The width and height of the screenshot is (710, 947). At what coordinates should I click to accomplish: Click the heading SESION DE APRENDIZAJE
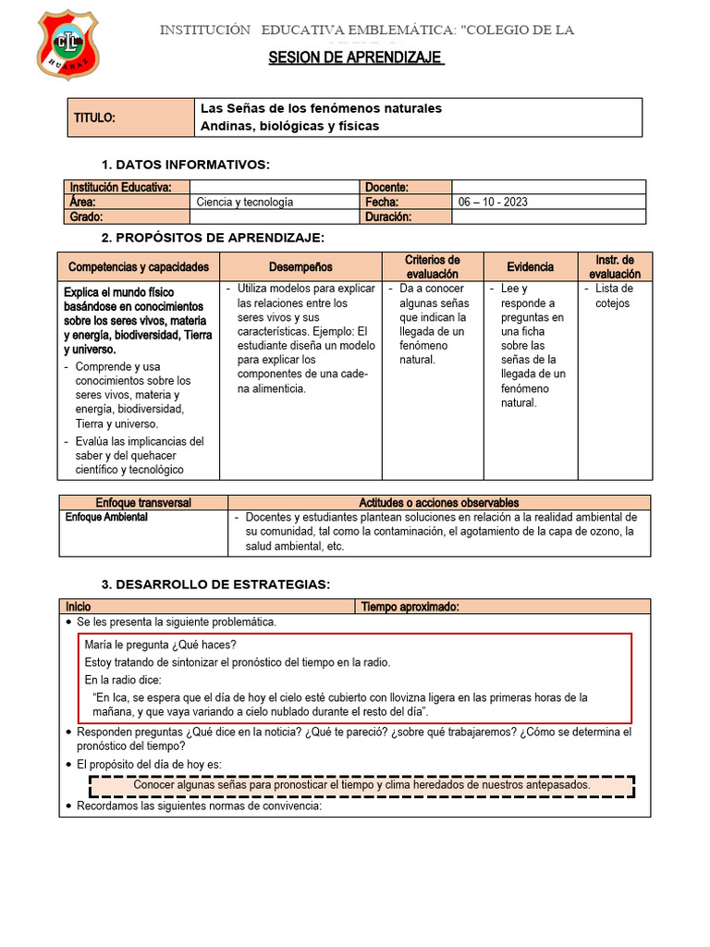pyautogui.click(x=356, y=58)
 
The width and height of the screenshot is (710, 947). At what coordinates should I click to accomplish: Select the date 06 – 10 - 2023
pyautogui.click(x=493, y=202)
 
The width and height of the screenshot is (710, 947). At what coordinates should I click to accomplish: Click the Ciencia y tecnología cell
pyautogui.click(x=245, y=202)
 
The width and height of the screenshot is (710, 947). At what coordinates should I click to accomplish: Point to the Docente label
pyautogui.click(x=387, y=187)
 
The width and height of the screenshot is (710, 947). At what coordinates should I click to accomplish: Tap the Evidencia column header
pyautogui.click(x=531, y=267)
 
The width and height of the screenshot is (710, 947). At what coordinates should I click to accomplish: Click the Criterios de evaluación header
pyautogui.click(x=433, y=267)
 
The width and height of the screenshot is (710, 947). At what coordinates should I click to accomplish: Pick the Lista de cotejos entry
pyautogui.click(x=614, y=296)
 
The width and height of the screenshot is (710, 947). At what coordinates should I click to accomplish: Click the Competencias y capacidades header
pyautogui.click(x=139, y=267)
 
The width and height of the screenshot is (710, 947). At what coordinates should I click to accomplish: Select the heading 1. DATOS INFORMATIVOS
pyautogui.click(x=185, y=165)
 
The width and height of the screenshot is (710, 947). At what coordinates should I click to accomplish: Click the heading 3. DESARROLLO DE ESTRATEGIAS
pyautogui.click(x=214, y=584)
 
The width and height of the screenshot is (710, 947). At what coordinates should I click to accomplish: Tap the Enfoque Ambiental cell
pyautogui.click(x=106, y=518)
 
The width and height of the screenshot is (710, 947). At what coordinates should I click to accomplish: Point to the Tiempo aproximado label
pyautogui.click(x=410, y=607)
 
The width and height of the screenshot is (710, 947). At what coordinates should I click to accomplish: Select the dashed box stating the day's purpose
pyautogui.click(x=361, y=785)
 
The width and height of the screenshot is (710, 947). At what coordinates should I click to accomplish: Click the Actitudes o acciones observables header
pyautogui.click(x=438, y=502)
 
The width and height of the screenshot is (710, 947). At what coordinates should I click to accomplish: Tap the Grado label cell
pyautogui.click(x=84, y=216)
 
